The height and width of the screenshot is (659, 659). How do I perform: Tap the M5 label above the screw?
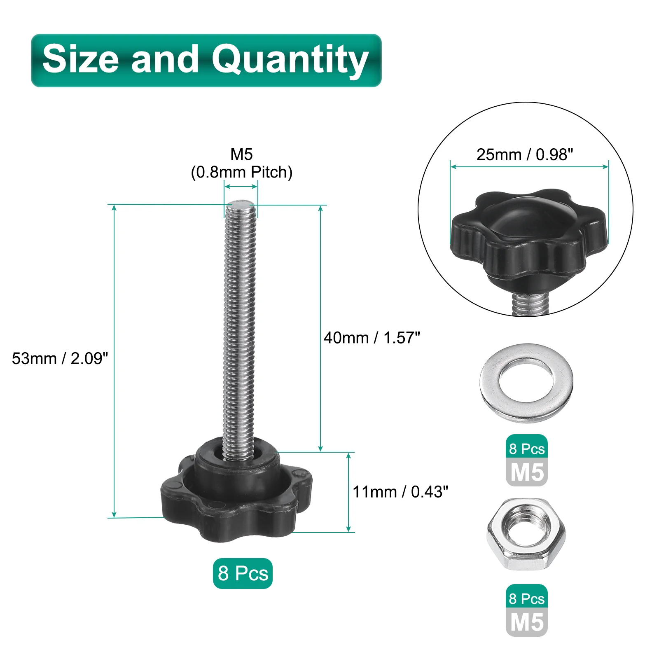(241, 154)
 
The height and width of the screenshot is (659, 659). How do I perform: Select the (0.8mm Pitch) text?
(241, 172)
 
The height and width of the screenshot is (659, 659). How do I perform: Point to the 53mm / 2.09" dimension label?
(60, 358)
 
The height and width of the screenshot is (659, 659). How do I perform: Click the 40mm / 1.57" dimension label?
(372, 338)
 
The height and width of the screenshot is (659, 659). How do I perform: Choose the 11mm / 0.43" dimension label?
(400, 492)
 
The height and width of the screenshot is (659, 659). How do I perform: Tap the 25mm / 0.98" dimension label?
(525, 155)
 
